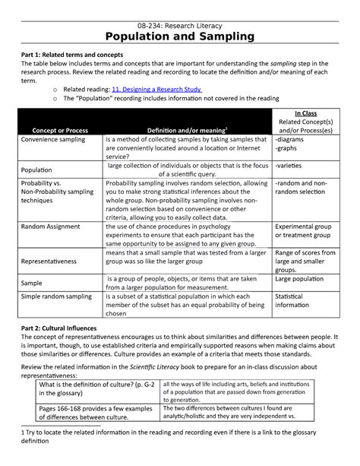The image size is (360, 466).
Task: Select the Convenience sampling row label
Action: click(x=55, y=141)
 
